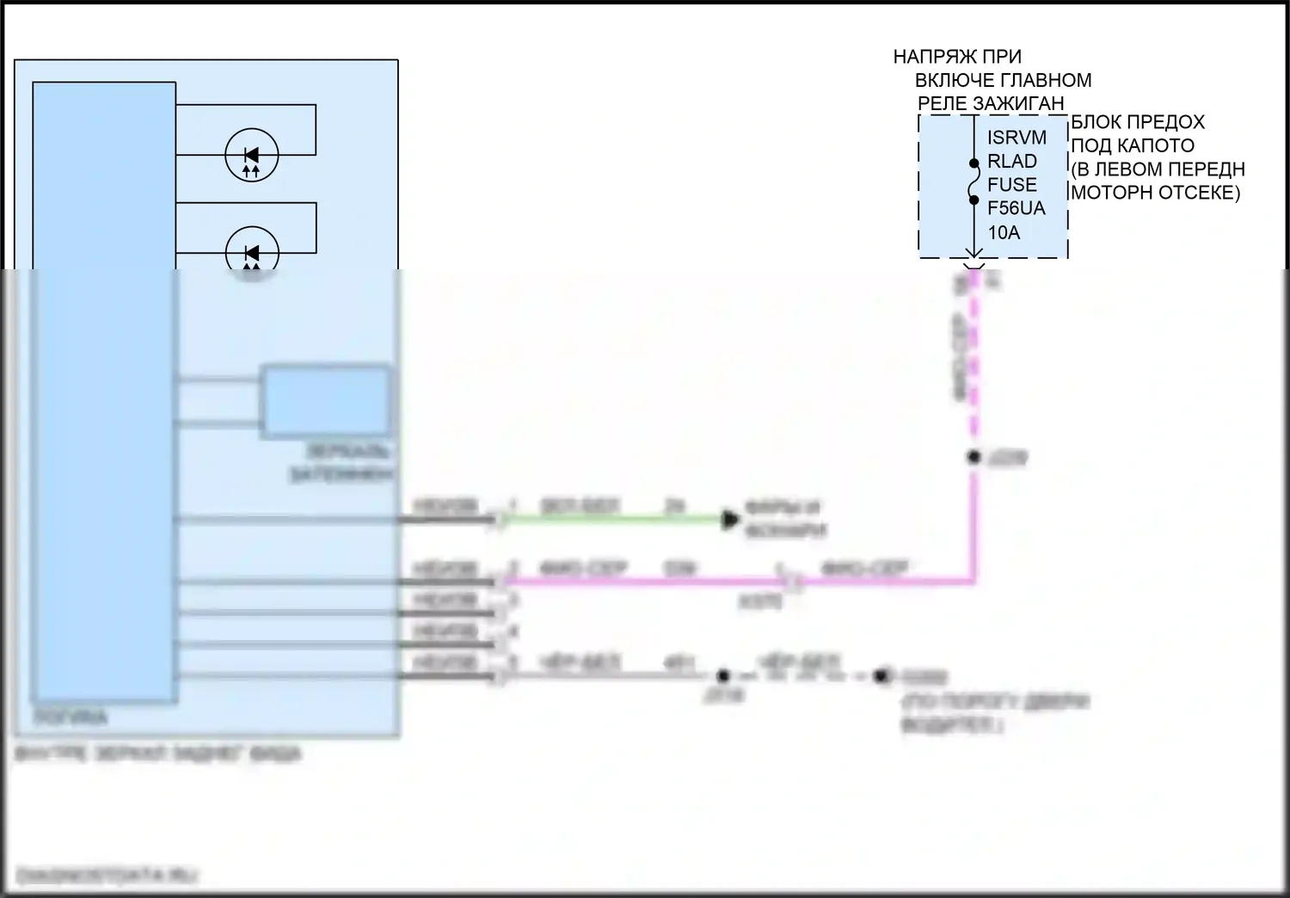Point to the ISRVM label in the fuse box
[x=1017, y=138]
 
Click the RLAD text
[x=1012, y=162]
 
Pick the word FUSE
[x=1012, y=185]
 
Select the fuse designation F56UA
[x=1017, y=208]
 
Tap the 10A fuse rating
[x=1004, y=232]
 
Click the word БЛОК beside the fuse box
[x=1096, y=122]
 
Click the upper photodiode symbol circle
[x=251, y=156]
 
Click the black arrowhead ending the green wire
[x=730, y=519]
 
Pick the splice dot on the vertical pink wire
[x=974, y=458]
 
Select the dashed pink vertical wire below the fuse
[x=974, y=361]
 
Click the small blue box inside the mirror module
[x=325, y=401]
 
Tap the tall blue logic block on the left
[x=104, y=387]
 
